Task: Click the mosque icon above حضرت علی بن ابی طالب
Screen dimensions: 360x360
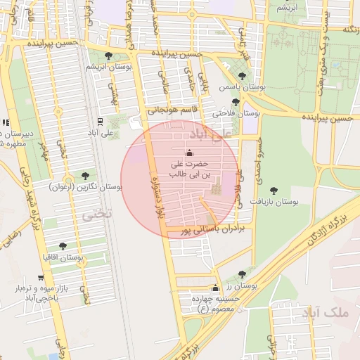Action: click(188, 153)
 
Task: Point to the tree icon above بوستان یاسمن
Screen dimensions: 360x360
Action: click(242, 75)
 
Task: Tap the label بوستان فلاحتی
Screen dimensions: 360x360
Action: click(236, 111)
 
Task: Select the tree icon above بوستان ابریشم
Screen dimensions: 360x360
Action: click(108, 56)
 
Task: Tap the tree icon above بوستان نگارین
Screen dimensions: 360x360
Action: click(85, 175)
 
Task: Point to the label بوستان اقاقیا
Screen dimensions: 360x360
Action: click(63, 258)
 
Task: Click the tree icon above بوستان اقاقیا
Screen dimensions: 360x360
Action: click(63, 246)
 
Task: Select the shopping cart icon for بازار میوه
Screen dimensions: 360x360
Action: click(39, 278)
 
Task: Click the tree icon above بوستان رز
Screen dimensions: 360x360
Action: click(242, 274)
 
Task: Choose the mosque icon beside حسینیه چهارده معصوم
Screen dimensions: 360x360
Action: click(215, 288)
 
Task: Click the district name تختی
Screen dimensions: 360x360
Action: click(97, 215)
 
